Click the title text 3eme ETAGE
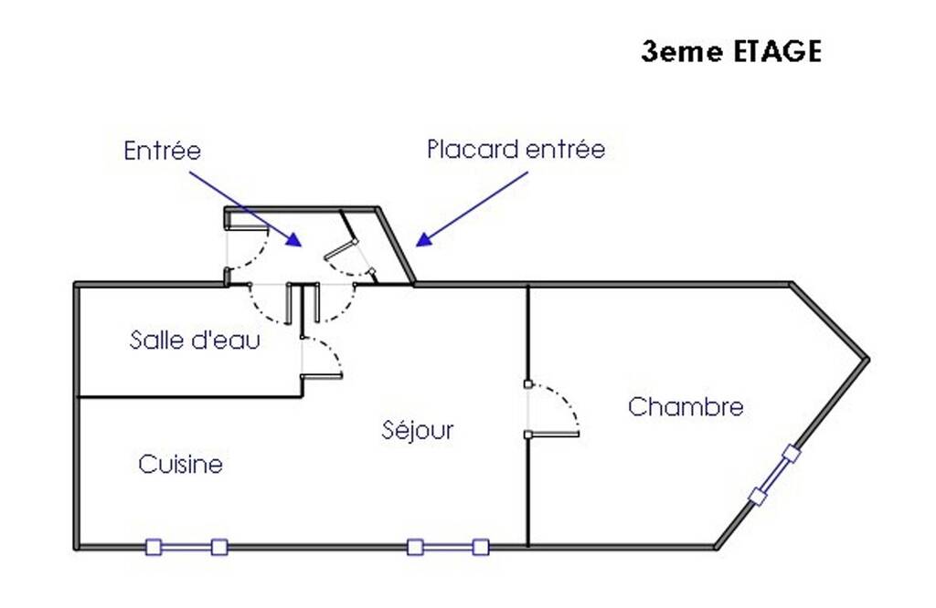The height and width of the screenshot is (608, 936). click(731, 51)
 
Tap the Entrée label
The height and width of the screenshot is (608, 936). click(163, 151)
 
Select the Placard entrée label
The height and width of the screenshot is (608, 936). click(516, 149)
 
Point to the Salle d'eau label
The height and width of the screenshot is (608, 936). click(195, 340)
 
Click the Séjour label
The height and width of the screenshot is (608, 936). click(418, 430)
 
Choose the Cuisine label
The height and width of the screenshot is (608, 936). click(180, 464)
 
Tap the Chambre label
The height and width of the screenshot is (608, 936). click(686, 406)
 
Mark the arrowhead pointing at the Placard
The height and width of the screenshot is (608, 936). click(423, 239)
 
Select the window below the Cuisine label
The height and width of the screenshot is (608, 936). click(186, 547)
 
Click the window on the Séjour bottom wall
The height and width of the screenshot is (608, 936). click(448, 547)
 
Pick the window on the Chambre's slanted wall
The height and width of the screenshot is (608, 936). click(774, 475)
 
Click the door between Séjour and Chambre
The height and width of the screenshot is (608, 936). click(553, 434)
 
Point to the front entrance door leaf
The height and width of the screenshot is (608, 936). click(247, 227)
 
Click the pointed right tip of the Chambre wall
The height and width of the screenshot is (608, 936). click(867, 360)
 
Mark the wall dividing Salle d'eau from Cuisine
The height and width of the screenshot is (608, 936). click(190, 396)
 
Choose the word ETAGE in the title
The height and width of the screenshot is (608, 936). click(777, 51)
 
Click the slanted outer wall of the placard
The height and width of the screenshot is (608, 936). click(396, 246)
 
